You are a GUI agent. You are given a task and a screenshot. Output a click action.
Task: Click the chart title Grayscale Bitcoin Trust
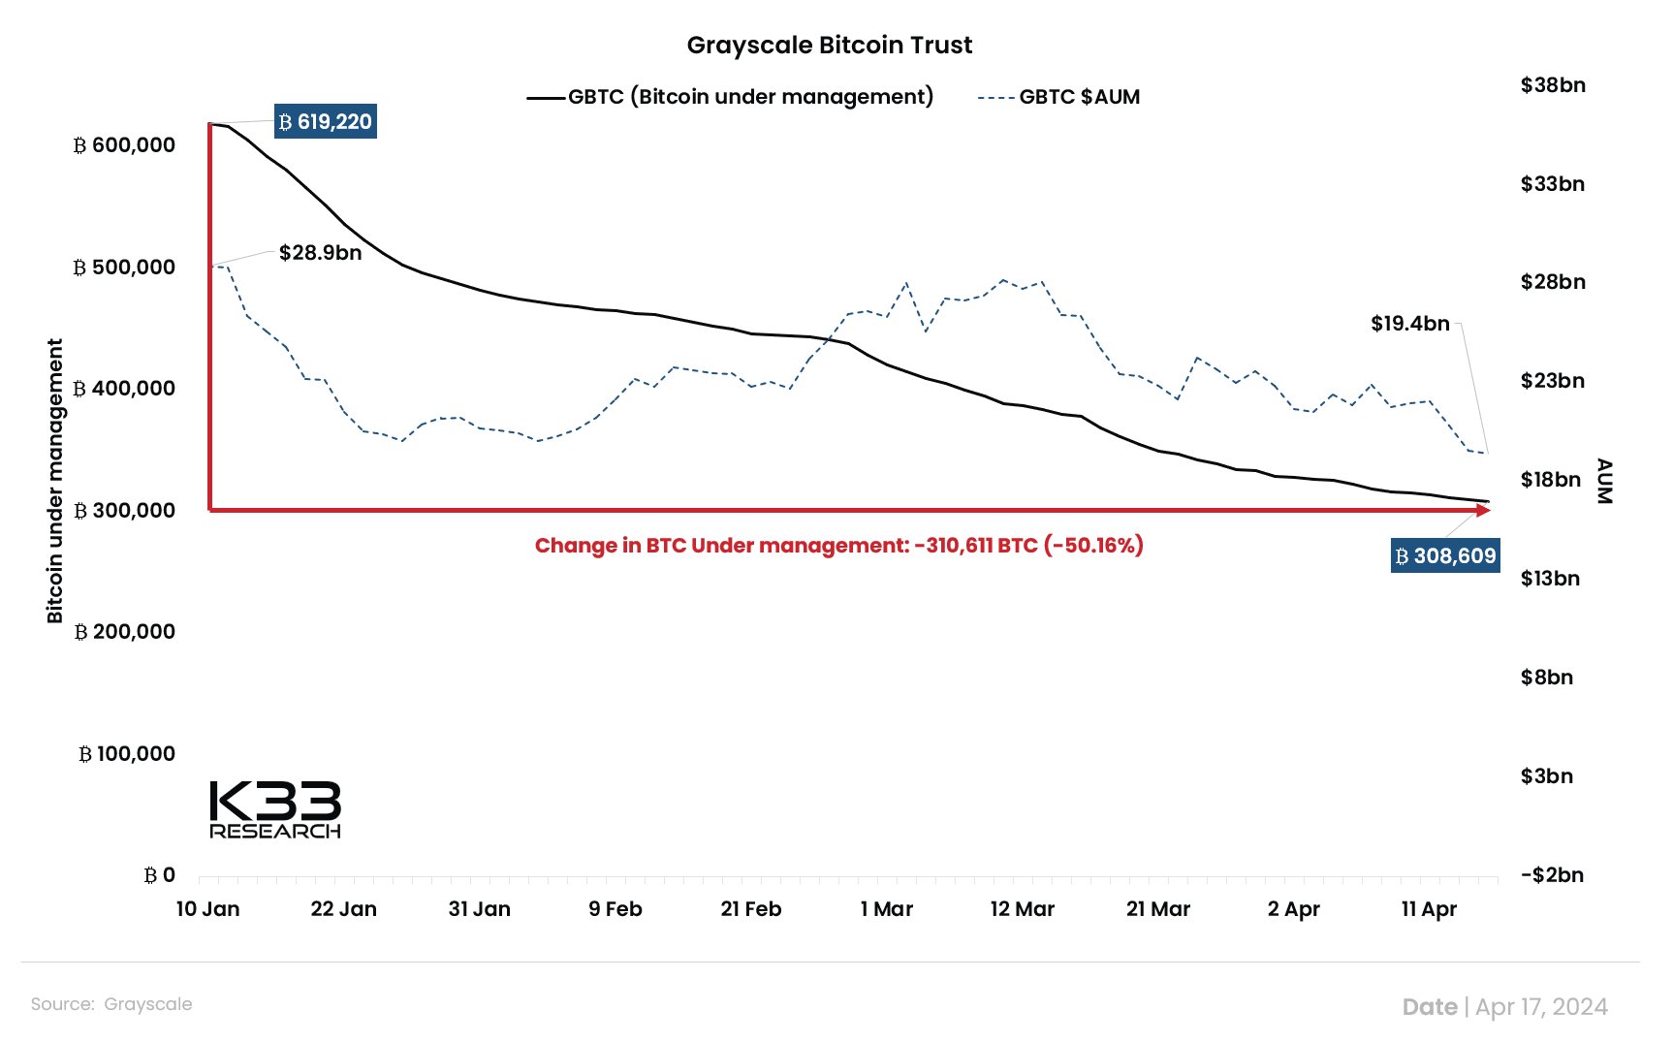pos(829,46)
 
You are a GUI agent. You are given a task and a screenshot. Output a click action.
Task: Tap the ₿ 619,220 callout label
pos(325,122)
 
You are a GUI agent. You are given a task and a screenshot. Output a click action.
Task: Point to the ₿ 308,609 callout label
pos(1444,556)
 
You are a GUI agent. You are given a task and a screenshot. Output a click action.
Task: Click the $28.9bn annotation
pos(320,253)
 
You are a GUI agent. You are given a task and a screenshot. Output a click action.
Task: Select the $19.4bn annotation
pos(1409,324)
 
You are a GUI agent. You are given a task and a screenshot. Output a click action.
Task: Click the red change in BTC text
pos(838,546)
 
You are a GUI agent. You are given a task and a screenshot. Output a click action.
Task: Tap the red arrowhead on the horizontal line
pos(1483,510)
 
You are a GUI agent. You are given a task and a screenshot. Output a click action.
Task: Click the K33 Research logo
pos(275,809)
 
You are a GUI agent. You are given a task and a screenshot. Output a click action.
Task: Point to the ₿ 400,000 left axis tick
pos(124,389)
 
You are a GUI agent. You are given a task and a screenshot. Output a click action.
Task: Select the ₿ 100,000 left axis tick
pos(126,754)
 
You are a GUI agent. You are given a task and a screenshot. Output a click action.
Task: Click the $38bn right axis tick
pos(1553,85)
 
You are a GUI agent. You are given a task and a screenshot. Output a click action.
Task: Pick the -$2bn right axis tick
pos(1552,875)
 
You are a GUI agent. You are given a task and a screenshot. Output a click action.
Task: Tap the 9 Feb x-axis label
pos(616,909)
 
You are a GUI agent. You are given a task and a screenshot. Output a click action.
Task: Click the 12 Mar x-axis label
pos(1022,909)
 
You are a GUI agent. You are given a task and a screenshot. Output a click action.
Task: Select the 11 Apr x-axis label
pos(1429,909)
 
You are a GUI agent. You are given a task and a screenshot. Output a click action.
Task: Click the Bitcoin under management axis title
pos(54,481)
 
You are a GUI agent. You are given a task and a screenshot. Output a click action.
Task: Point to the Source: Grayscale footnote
pos(111,1004)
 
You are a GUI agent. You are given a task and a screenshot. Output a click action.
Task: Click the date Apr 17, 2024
pos(1541,1007)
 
